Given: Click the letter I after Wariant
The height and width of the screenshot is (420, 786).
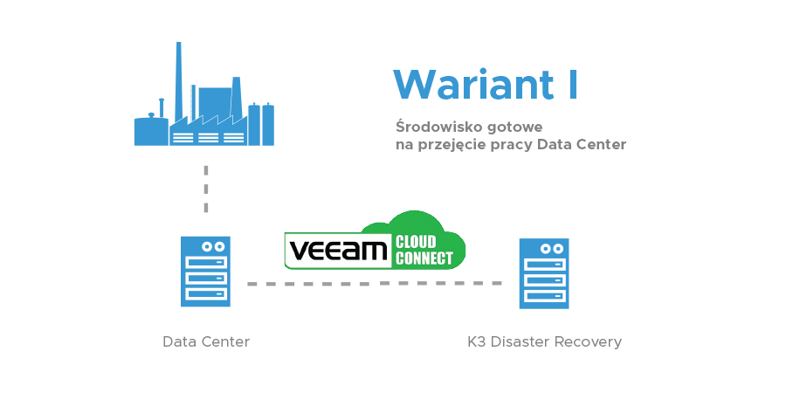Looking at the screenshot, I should click(572, 85).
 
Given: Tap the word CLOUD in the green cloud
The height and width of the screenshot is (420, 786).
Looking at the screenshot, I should click(416, 242).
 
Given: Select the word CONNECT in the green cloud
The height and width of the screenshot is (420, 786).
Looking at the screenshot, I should click(424, 258).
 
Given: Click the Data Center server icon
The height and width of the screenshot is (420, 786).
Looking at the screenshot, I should click(206, 272).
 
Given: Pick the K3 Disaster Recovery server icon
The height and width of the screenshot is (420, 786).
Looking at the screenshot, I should click(544, 273).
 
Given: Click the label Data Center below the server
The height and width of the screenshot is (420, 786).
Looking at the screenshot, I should click(206, 341).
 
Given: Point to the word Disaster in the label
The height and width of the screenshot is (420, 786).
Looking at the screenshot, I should click(519, 341).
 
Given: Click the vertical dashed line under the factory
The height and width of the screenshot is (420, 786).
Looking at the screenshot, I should click(206, 188).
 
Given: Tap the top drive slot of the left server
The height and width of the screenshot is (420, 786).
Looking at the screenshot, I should click(206, 262).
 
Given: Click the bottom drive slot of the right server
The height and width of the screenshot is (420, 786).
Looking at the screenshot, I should click(544, 296).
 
